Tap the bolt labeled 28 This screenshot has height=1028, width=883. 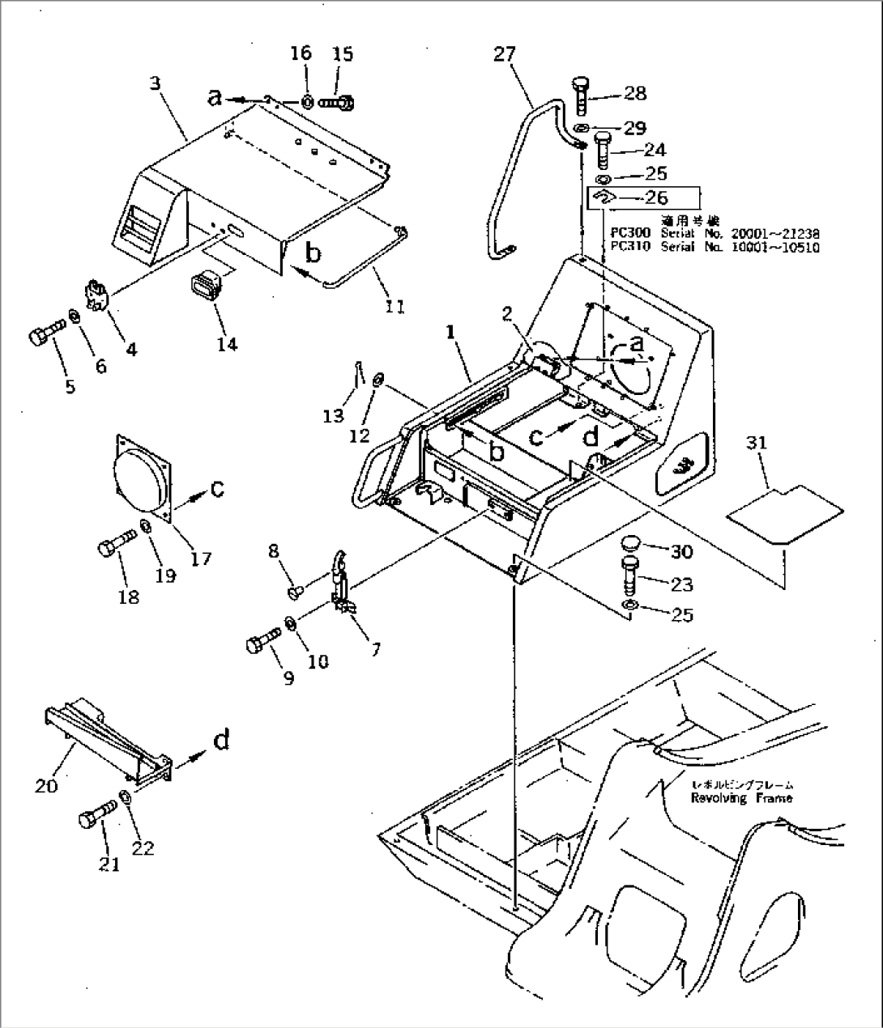coord(581,96)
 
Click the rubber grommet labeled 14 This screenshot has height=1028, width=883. coord(205,289)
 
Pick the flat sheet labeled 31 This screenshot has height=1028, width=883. coord(783,513)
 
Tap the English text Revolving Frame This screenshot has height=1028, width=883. coord(741,798)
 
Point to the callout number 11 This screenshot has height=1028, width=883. coord(395,306)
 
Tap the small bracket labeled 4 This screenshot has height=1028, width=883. coord(97,293)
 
